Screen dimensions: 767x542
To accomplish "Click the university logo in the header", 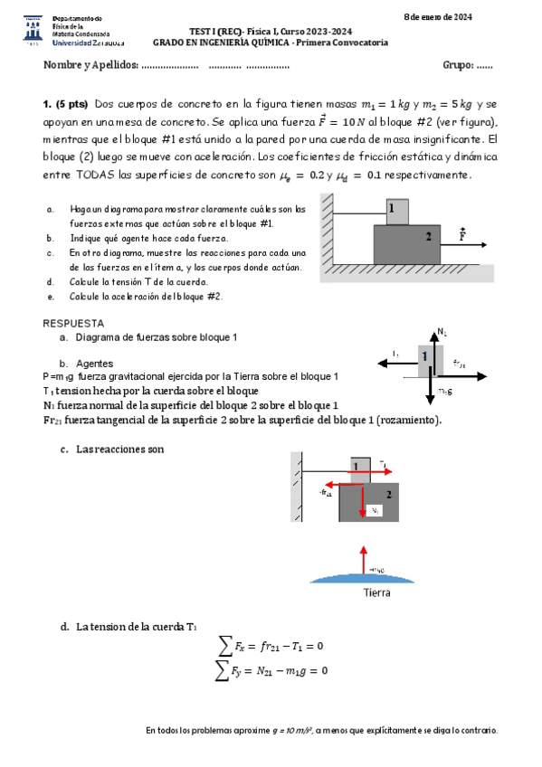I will [x=31, y=30].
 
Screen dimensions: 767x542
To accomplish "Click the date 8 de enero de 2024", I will [x=438, y=17].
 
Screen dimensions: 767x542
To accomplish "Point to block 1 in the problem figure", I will [x=395, y=211].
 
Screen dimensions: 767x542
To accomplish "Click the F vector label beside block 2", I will [x=463, y=234].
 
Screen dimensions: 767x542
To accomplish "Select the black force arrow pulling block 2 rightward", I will [x=465, y=245].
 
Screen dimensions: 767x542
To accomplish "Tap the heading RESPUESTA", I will [x=73, y=323].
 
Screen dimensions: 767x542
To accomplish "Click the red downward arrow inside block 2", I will [x=363, y=499].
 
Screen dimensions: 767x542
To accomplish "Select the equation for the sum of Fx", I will [x=271, y=646].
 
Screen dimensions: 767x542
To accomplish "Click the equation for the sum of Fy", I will [x=271, y=670].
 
